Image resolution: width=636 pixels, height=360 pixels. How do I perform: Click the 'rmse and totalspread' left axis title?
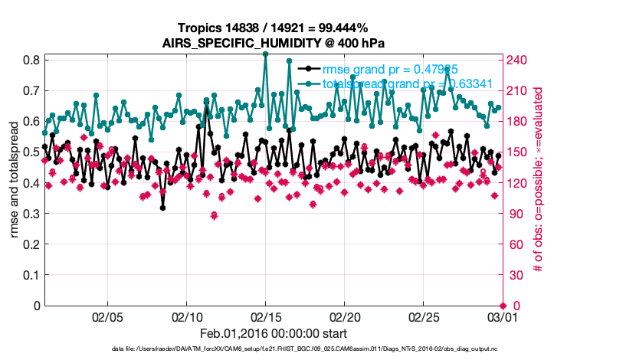tap(15, 182)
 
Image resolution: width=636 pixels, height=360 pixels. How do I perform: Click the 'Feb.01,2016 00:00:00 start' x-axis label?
tap(273, 333)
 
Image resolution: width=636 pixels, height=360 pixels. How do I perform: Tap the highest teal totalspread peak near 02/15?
tap(266, 54)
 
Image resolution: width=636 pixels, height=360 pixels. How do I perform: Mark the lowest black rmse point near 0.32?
tap(162, 208)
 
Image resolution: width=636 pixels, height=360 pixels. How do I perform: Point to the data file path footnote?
tap(316, 349)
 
